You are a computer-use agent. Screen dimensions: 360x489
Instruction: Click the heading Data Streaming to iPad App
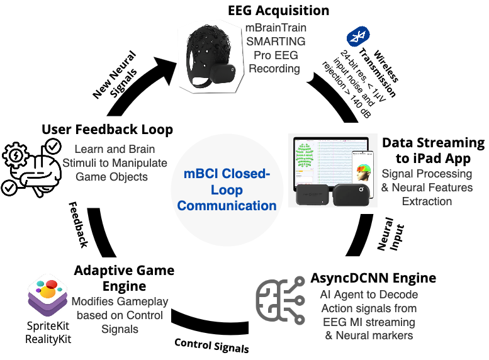pos(434,150)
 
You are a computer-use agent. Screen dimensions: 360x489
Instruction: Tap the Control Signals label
pos(211,345)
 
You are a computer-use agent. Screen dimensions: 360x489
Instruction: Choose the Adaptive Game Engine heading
pos(124,278)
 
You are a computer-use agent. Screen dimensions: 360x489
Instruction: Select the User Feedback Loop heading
pos(107,130)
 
